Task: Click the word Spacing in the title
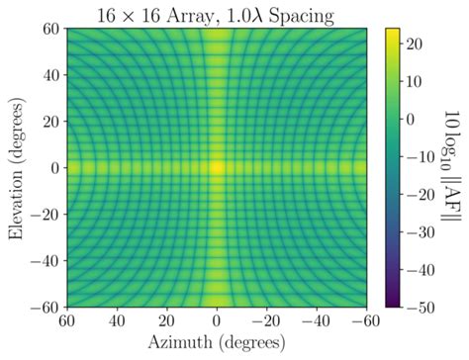click(x=302, y=13)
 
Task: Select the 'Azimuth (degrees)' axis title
click(x=218, y=344)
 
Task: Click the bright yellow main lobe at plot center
click(x=218, y=168)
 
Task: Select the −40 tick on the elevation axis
click(x=43, y=260)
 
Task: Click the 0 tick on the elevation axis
click(x=52, y=168)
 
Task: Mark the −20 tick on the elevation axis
click(x=43, y=214)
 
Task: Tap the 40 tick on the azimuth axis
click(x=117, y=320)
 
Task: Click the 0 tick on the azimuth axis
click(x=218, y=320)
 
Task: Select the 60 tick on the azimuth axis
click(x=67, y=320)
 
